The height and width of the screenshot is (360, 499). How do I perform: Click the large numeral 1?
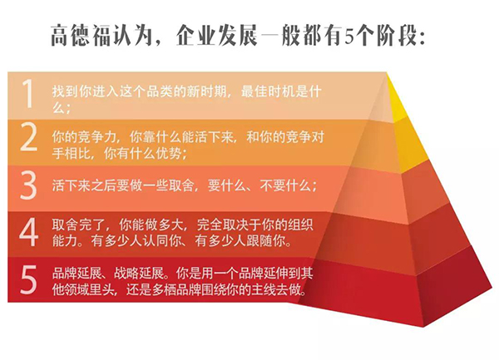pyautogui.click(x=28, y=95)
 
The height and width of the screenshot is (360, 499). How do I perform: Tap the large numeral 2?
pyautogui.click(x=29, y=140)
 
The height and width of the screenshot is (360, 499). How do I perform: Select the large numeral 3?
pyautogui.click(x=29, y=185)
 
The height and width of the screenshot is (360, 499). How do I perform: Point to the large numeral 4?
pyautogui.click(x=29, y=233)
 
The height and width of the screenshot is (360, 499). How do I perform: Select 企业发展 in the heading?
pyautogui.click(x=217, y=37)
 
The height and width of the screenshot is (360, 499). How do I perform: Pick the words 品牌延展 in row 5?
pyautogui.click(x=73, y=272)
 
